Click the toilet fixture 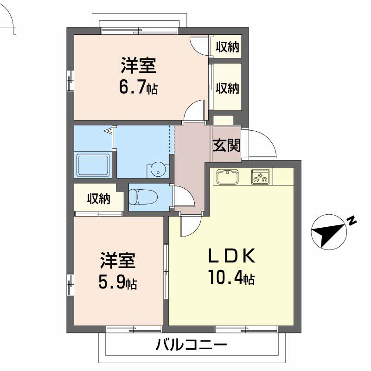tap(143, 196)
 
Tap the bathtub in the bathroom tap(93, 165)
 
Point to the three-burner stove tap(260, 177)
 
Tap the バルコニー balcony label tap(191, 345)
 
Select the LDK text tap(231, 256)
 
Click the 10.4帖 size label tap(231, 277)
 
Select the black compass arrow tap(328, 234)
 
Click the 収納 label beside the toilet tap(99, 199)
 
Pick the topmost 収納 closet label tap(227, 47)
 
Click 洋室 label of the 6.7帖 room tap(139, 65)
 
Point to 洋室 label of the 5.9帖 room tap(118, 261)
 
